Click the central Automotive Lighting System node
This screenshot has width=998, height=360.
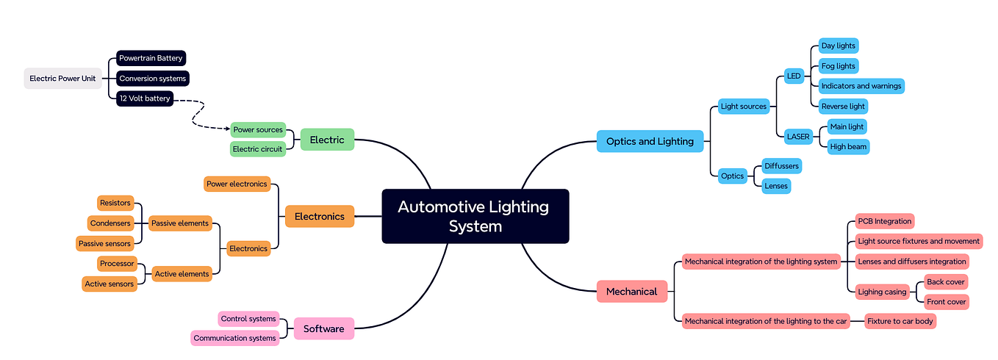pos(475,216)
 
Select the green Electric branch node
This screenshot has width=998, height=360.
pos(327,140)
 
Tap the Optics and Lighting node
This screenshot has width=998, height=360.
pos(650,141)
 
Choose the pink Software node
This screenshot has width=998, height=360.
pos(323,328)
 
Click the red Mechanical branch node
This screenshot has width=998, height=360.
pos(631,292)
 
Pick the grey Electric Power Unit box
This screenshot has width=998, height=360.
pos(62,79)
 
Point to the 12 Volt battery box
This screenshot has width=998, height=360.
pos(145,98)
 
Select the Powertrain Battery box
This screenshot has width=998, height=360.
pos(151,58)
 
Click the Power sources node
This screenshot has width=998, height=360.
pos(258,129)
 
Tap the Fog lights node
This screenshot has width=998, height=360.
pos(838,66)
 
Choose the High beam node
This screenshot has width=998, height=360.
pos(848,146)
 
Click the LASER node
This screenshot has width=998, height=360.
pos(798,136)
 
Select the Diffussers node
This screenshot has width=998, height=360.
pos(781,166)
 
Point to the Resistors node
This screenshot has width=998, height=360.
pos(115,203)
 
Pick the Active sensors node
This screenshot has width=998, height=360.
pos(110,284)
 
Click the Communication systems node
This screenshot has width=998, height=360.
pos(235,338)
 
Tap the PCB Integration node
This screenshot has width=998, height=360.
pos(884,221)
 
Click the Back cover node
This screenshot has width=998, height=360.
pos(946,282)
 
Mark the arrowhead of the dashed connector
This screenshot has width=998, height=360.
pos(227,129)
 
